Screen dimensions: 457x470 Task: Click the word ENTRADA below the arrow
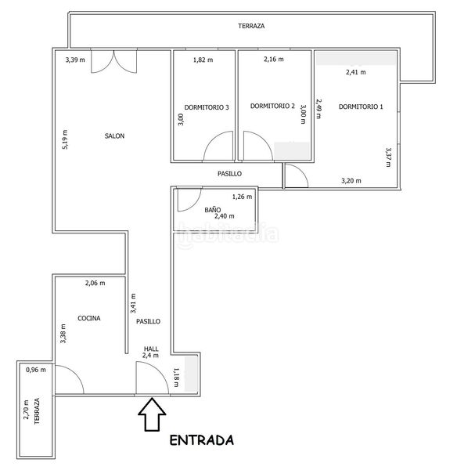(x=202, y=440)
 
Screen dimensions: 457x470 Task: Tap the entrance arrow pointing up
(x=152, y=414)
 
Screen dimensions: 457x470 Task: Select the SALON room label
(x=114, y=136)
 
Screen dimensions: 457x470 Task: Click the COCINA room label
(x=89, y=318)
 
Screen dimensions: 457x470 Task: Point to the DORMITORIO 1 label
(x=361, y=107)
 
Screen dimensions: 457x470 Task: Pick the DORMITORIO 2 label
(x=272, y=106)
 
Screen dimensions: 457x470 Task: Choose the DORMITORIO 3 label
(x=207, y=107)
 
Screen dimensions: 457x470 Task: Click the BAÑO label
(x=213, y=210)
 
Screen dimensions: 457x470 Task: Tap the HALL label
(x=151, y=349)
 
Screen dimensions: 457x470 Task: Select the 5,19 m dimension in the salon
(x=65, y=139)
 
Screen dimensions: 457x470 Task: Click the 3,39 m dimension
(x=75, y=60)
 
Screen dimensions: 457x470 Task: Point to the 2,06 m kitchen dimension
(x=95, y=283)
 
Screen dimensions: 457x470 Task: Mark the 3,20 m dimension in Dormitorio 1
(x=351, y=181)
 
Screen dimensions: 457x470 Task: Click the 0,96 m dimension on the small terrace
(x=36, y=370)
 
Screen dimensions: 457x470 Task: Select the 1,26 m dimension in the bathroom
(x=242, y=197)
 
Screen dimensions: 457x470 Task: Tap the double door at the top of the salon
(x=113, y=61)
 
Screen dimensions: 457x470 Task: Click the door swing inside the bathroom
(x=189, y=200)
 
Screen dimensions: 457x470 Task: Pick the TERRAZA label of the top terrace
(x=251, y=26)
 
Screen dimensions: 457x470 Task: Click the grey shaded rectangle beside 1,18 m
(x=191, y=374)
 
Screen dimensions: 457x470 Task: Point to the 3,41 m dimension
(x=133, y=303)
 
